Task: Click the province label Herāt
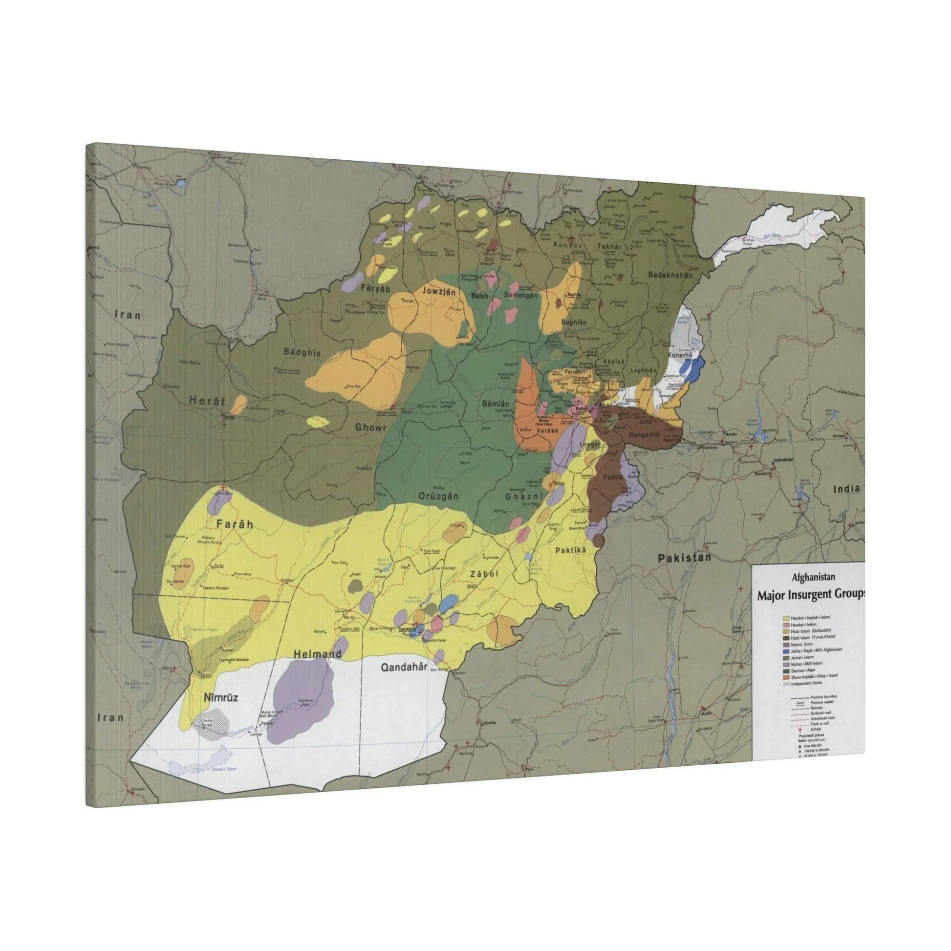tap(207, 401)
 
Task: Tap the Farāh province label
tap(234, 524)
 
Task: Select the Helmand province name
tap(318, 654)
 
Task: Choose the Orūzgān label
tap(438, 496)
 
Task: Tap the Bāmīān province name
tap(495, 404)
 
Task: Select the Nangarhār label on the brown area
tap(650, 435)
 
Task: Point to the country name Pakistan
tap(685, 558)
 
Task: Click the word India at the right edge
tap(846, 489)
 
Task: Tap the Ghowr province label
tap(370, 427)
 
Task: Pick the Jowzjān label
tap(438, 292)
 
